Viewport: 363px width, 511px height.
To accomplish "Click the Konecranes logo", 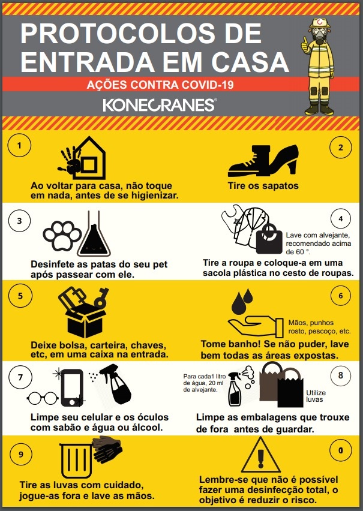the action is (160, 105).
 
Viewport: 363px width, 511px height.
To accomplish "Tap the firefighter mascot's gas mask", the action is (319, 35).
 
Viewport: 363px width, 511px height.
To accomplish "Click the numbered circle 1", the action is (19, 145).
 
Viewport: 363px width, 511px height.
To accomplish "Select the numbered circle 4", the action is (340, 219).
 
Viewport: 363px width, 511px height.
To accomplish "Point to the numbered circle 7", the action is (20, 377).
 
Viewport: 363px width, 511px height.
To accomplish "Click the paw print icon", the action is (62, 236).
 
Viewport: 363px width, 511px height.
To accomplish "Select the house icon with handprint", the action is (82, 158).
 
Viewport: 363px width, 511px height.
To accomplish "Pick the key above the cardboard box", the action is (102, 297).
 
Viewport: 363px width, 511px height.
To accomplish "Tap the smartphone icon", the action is (72, 387).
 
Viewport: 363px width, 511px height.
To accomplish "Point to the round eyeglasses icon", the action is (43, 398).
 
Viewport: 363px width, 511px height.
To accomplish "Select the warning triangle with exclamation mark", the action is (260, 456).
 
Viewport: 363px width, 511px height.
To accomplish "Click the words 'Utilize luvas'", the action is (316, 396).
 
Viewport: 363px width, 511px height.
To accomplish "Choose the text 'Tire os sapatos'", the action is (263, 186).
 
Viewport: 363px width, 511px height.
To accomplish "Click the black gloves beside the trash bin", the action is (107, 448).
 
